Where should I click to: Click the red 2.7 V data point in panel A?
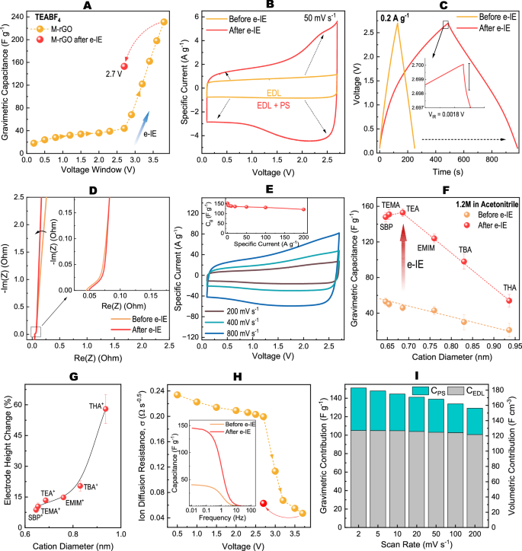tap(124, 66)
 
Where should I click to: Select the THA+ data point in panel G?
tap(106, 409)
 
